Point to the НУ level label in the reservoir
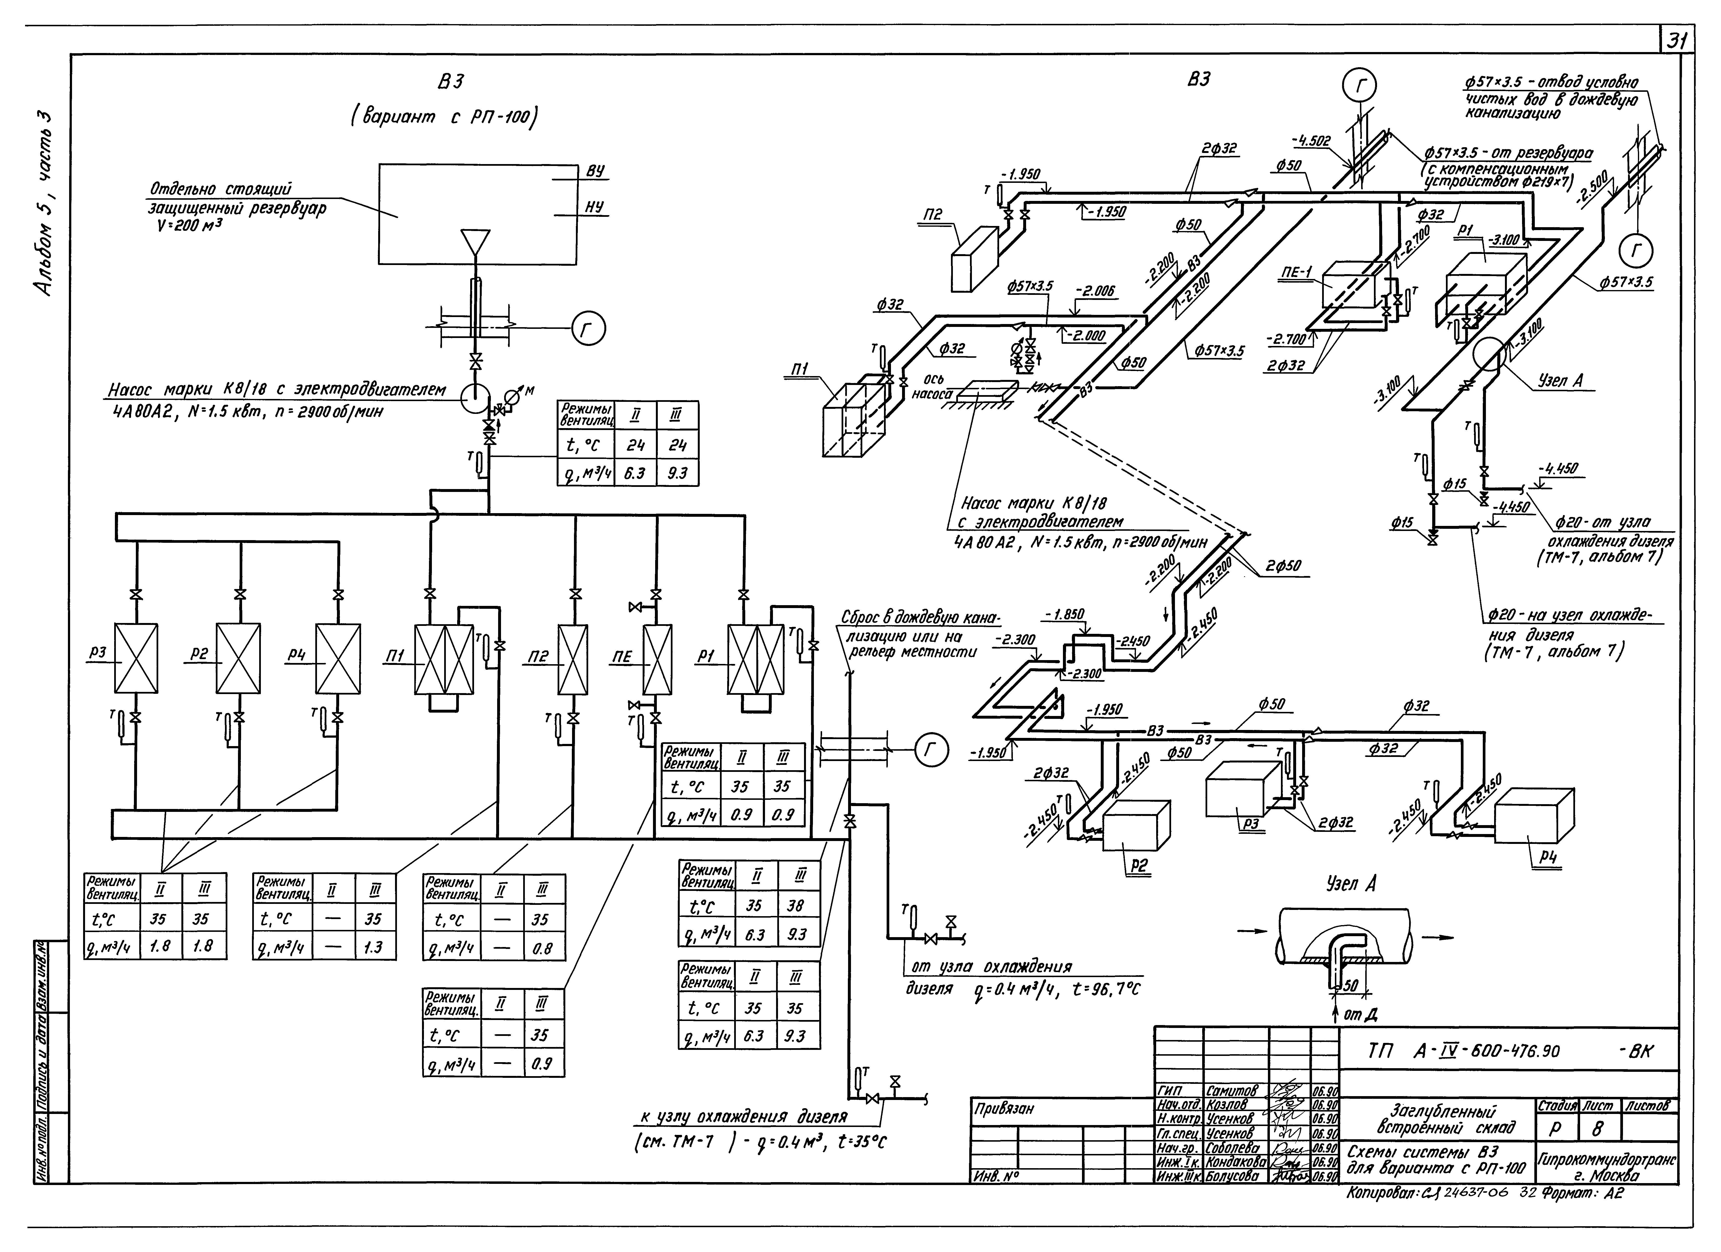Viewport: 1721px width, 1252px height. [595, 207]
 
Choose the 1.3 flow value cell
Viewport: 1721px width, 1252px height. [373, 947]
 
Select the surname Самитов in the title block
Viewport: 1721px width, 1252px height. [1235, 1091]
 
